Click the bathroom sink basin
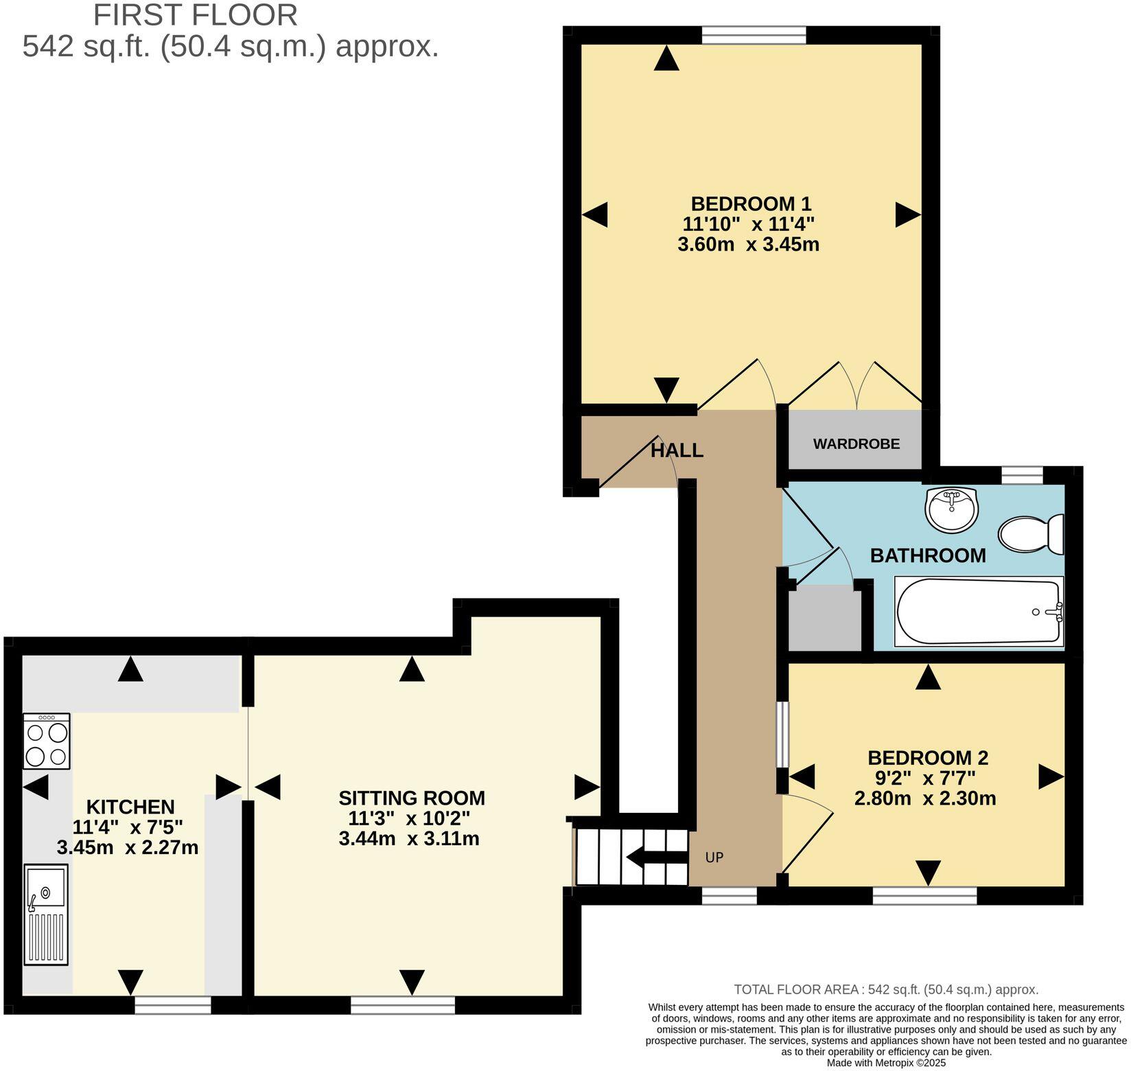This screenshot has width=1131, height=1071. click(x=951, y=509)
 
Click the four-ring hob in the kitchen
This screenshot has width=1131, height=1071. click(x=46, y=741)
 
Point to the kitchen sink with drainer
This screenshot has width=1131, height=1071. click(x=46, y=914)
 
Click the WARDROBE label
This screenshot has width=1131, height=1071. click(x=856, y=444)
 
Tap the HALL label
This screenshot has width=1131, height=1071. click(x=677, y=451)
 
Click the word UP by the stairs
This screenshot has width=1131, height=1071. click(x=714, y=857)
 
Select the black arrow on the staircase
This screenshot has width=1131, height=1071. click(x=655, y=857)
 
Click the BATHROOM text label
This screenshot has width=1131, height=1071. click(x=928, y=555)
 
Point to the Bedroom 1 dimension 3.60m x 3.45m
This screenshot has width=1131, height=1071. click(x=748, y=244)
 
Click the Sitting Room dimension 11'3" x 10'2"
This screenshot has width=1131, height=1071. click(x=409, y=818)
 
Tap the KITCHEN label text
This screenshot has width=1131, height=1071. click(x=130, y=807)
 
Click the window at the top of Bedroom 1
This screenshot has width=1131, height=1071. click(x=754, y=34)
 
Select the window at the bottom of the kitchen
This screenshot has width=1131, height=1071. click(x=172, y=1006)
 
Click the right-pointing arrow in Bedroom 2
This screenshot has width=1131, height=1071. click(x=1050, y=776)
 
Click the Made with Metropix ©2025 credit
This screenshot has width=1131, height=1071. click(x=886, y=1063)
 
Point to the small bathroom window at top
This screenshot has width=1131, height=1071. click(x=1022, y=475)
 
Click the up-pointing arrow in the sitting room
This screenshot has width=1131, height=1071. click(x=412, y=669)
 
